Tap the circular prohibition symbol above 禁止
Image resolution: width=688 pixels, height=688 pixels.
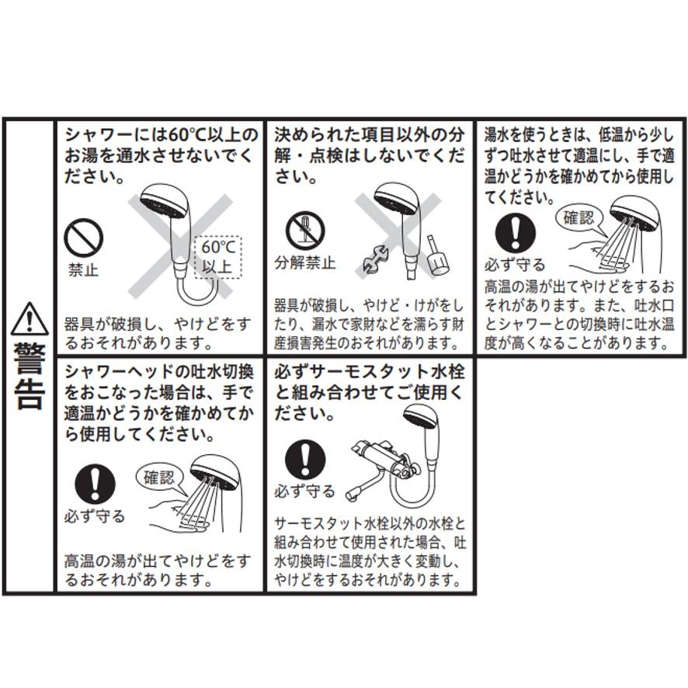coord(83,238)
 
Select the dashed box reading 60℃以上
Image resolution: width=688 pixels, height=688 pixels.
coord(217,258)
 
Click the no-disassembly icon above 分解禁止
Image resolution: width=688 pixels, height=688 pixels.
coord(304,231)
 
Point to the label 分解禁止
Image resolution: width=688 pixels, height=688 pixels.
coord(304,262)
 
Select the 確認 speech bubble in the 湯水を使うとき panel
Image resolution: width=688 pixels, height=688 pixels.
coord(579,217)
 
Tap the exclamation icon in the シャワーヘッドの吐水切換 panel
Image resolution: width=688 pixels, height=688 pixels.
coord(96,485)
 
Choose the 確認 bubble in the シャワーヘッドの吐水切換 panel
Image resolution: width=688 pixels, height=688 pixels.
coord(159,476)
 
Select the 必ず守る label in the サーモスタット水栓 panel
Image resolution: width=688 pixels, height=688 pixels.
coord(304,492)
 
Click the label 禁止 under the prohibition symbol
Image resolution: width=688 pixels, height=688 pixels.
coord(83,270)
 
